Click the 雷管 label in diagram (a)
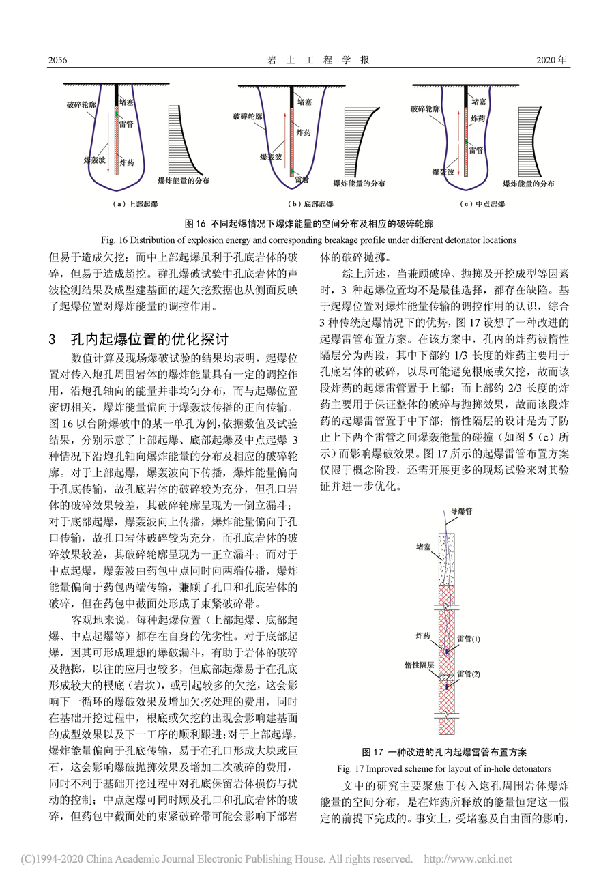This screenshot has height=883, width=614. [x=126, y=125]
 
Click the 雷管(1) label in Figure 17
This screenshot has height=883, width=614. [x=469, y=639]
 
